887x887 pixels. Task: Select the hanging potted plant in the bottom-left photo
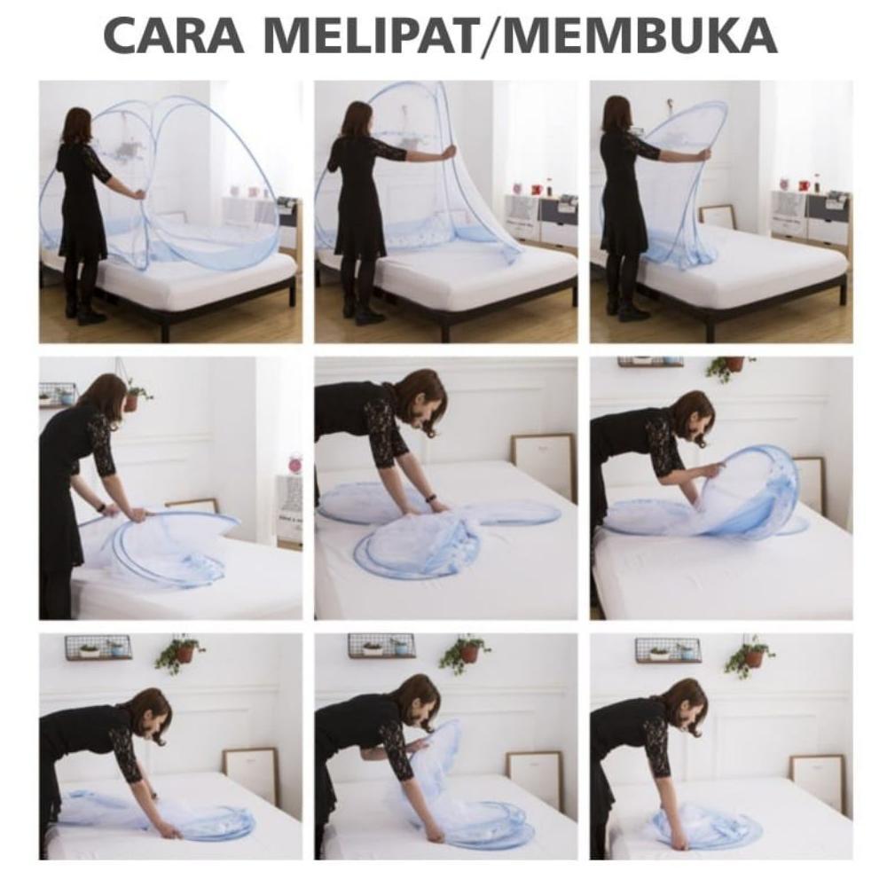[182, 652]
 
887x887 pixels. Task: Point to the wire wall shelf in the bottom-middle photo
[381, 645]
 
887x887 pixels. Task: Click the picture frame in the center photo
[543, 458]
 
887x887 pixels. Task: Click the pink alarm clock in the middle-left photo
[294, 464]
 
